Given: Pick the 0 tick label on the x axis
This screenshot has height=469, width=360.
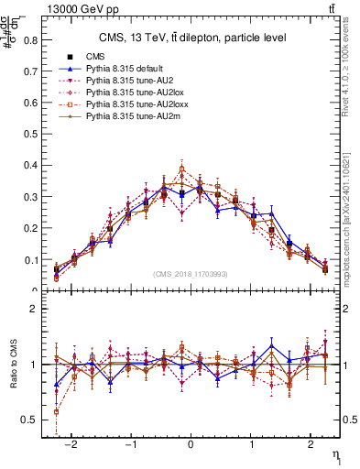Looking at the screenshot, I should pyautogui.click(x=191, y=442).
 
